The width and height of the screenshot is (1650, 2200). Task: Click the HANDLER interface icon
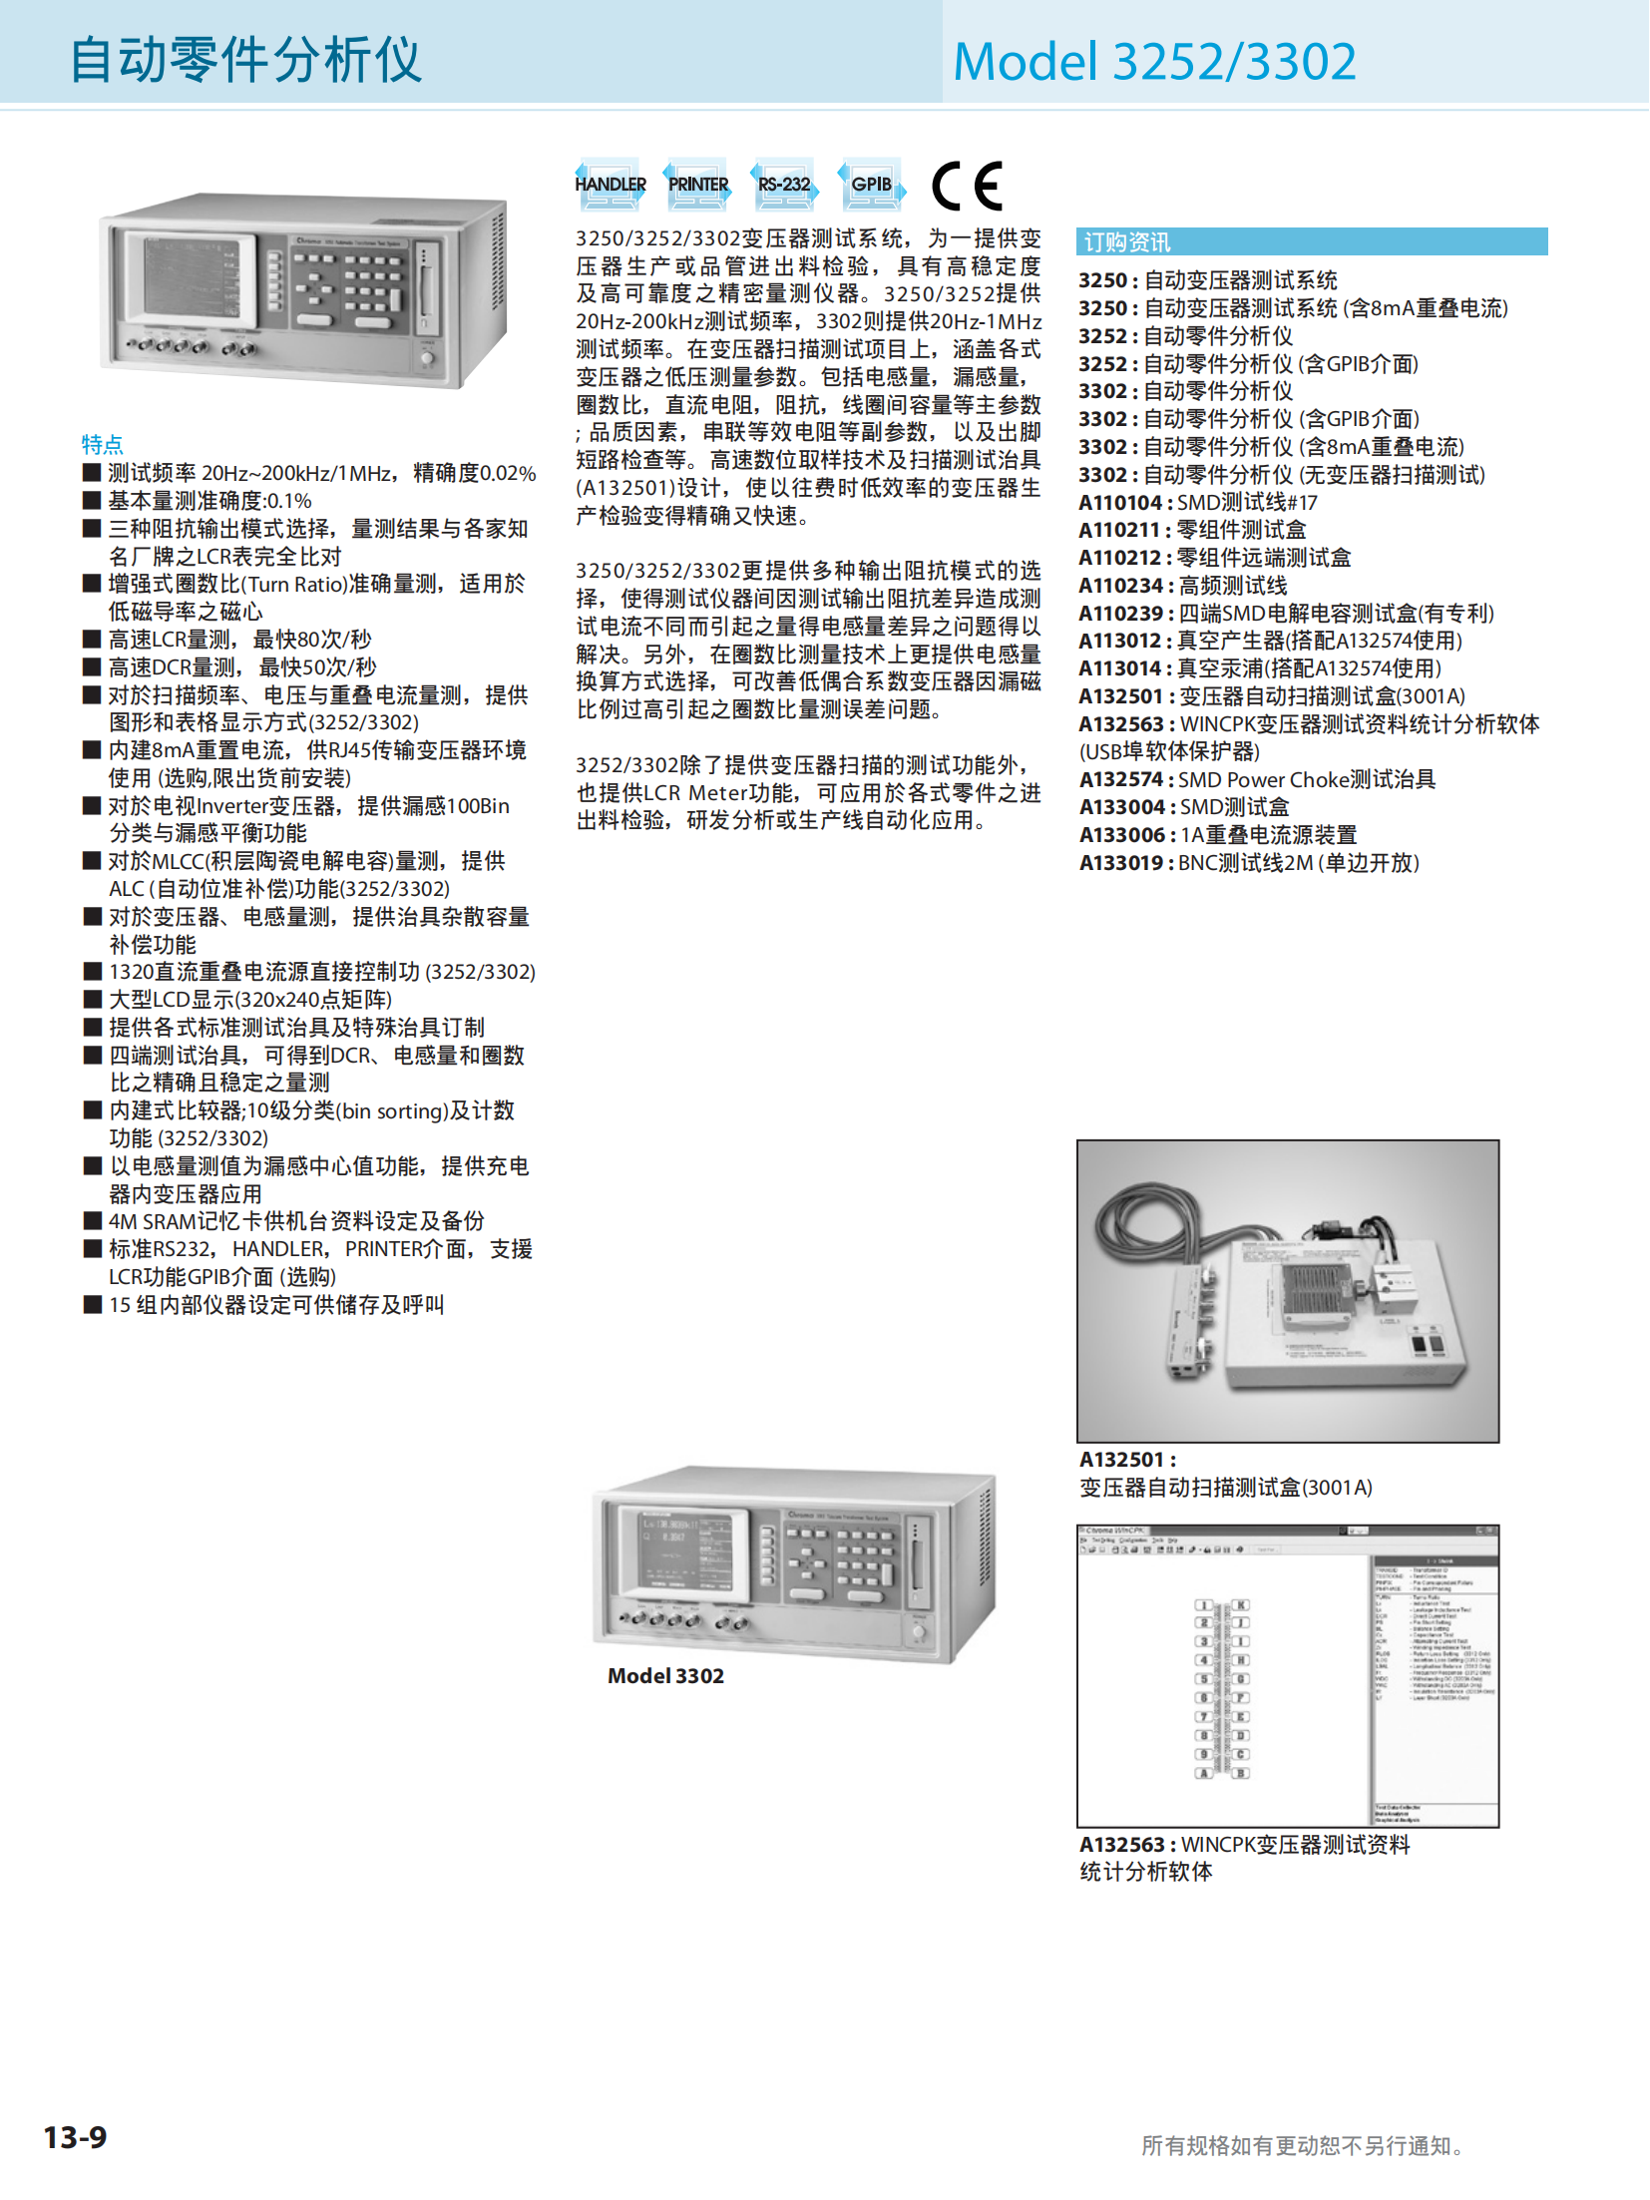point(610,185)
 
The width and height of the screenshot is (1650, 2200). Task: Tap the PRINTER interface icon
point(697,185)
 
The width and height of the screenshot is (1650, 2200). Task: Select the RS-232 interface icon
point(784,185)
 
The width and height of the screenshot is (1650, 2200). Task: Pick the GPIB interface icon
point(871,185)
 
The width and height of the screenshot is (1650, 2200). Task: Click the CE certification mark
point(966,186)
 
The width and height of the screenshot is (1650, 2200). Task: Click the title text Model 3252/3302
point(1154,62)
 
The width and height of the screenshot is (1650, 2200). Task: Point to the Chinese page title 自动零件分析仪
point(245,60)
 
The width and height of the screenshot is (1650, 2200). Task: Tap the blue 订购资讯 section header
point(1127,242)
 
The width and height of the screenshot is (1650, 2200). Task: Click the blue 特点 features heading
point(102,444)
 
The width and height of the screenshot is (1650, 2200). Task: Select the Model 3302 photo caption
point(665,1676)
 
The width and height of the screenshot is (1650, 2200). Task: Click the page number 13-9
point(75,2137)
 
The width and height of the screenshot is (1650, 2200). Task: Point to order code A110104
point(1120,503)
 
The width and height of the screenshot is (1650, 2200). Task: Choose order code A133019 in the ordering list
point(1120,863)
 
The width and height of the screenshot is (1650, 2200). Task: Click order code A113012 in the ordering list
point(1120,642)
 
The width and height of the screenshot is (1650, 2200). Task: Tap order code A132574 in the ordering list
point(1120,780)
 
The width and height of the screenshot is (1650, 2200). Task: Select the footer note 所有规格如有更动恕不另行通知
point(1302,2146)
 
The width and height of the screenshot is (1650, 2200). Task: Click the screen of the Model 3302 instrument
point(684,1550)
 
